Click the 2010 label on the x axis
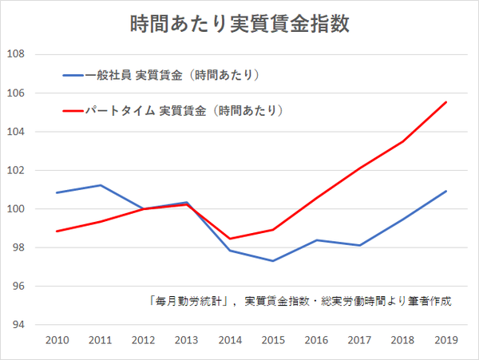pos(56,342)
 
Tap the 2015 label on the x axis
pos(273,342)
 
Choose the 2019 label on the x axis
pos(446,342)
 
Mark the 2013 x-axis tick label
pos(186,342)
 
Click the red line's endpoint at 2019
pos(446,102)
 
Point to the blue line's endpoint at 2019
pos(446,192)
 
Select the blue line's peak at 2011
pos(99,185)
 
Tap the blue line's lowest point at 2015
pos(273,261)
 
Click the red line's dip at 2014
pos(229,239)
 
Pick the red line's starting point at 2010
pos(56,231)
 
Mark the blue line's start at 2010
pos(56,192)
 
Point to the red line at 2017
pos(359,168)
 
